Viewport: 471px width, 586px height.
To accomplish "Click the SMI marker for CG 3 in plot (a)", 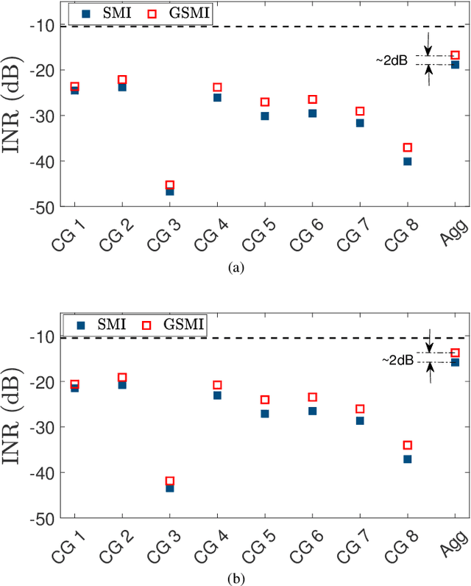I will coord(170,191).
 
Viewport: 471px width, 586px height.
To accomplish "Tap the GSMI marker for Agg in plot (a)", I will coord(455,55).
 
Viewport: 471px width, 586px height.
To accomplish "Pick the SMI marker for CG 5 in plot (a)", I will coord(265,116).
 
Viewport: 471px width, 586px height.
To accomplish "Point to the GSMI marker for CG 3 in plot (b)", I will coord(170,481).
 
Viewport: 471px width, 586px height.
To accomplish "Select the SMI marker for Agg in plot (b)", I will coord(455,362).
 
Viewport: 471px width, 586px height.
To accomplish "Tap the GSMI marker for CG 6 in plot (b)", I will coord(313,397).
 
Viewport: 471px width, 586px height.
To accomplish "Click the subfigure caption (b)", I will coord(235,577).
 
